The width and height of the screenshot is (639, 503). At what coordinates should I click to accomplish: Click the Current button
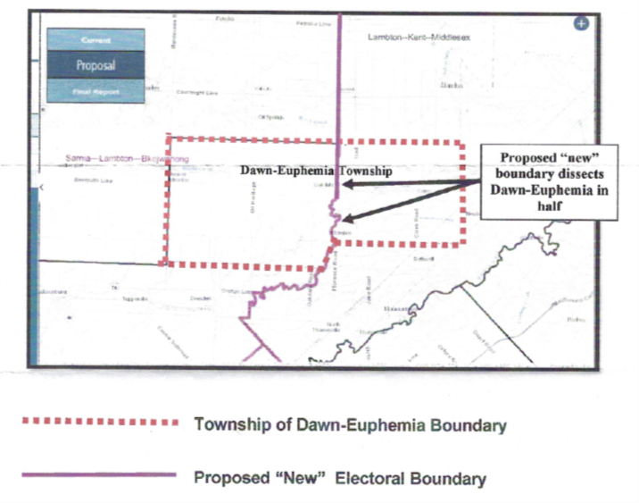95,40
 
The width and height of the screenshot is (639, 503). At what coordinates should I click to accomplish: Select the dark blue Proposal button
95,66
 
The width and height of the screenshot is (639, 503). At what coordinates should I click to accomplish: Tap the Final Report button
95,92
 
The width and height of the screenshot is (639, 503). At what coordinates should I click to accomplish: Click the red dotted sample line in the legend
98,421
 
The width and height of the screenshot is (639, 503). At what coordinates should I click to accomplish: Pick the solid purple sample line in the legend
98,475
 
